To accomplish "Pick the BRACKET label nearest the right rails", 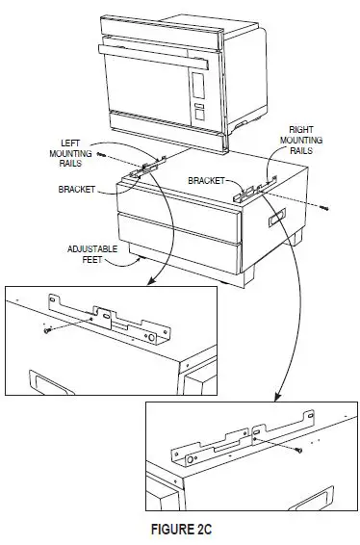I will (x=205, y=179).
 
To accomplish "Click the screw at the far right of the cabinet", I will (x=323, y=206).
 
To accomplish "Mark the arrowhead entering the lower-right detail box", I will (x=277, y=401).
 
